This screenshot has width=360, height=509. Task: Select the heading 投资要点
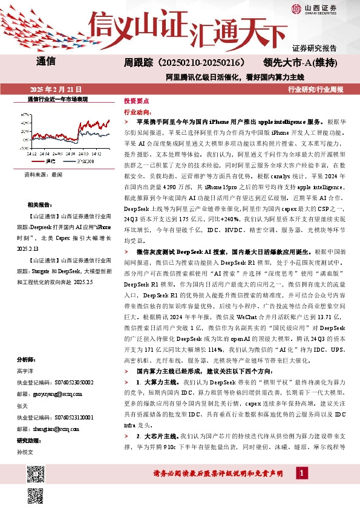(x=136, y=101)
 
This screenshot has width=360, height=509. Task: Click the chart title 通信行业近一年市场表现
(x=57, y=99)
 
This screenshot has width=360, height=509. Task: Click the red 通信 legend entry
(x=48, y=161)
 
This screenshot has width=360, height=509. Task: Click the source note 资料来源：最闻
(x=43, y=174)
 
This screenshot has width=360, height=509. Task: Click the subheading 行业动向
(x=136, y=112)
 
